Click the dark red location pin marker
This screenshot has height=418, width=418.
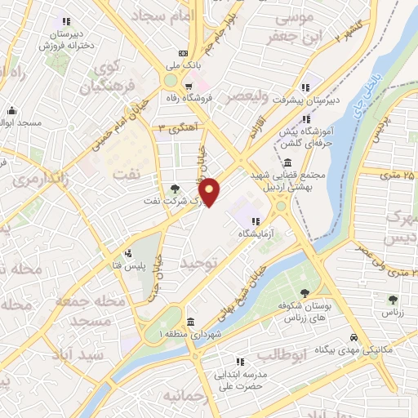210,191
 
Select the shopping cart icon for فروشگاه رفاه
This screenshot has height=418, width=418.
189,85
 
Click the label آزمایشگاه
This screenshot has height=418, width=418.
254,233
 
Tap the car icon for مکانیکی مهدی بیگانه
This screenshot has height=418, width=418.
353,337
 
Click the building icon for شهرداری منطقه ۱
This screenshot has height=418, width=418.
190,321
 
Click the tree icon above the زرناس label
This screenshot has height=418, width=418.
394,300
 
